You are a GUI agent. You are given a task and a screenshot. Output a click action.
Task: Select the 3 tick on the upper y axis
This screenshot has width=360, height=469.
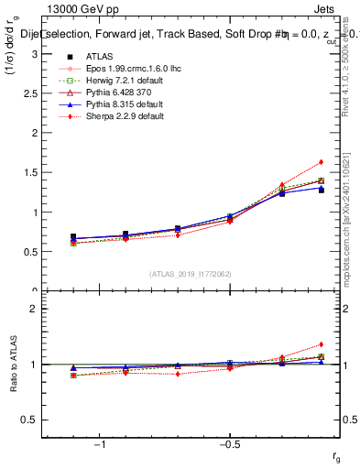pos(33,54)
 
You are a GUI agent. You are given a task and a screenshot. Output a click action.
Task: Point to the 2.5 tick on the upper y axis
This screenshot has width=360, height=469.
pos(29,93)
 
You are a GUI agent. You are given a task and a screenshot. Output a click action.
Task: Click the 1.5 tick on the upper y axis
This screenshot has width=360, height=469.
pos(29,172)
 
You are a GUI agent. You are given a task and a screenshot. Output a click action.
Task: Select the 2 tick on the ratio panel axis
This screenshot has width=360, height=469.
pos(33,309)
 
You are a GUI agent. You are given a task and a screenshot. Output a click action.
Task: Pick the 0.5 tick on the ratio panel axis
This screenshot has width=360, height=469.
pos(29,420)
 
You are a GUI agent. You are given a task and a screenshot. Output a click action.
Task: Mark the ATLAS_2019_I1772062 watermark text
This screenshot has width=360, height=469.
pos(189,273)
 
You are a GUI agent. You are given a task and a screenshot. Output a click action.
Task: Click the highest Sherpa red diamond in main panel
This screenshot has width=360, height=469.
pos(321,162)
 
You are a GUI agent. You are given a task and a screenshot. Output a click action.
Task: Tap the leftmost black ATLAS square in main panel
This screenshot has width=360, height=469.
pos(73,236)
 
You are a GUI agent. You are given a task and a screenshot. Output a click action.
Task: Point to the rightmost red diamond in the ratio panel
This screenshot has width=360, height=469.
pos(321,344)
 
